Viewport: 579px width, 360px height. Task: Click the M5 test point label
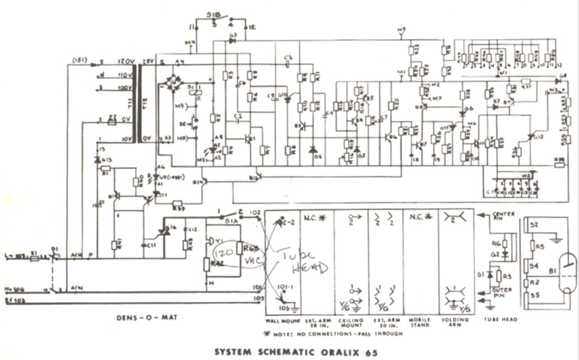[402, 29]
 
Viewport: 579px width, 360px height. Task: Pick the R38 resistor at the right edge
[559, 161]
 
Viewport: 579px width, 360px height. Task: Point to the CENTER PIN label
[503, 218]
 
